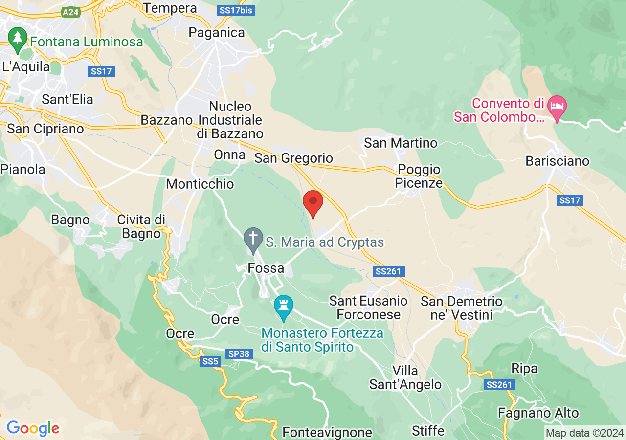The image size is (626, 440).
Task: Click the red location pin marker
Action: [313, 204]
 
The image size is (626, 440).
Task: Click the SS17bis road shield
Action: [236, 9]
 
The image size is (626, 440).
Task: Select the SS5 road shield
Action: [211, 361]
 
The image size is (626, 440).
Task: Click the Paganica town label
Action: [217, 33]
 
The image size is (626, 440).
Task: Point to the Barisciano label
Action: [558, 161]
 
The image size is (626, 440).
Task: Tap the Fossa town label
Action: [266, 268]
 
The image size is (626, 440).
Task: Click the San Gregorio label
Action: [293, 158]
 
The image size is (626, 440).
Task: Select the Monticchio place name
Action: [200, 184]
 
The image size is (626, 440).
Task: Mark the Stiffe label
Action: [428, 431]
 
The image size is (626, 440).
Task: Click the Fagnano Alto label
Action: [538, 413]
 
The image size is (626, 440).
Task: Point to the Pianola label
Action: [23, 170]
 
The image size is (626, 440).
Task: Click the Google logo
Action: [33, 428]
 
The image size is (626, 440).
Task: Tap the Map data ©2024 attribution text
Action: [584, 433]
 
